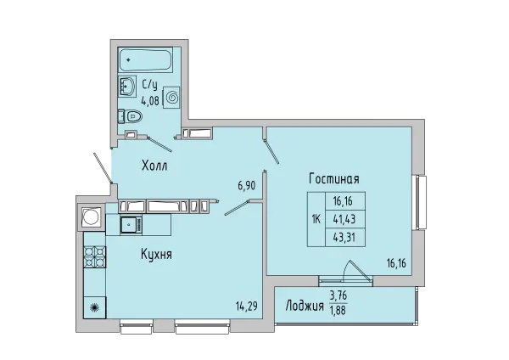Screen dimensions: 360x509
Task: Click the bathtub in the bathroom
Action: pyautogui.click(x=144, y=59)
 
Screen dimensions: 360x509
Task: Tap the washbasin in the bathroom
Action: pyautogui.click(x=129, y=87)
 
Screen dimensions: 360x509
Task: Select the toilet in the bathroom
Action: pyautogui.click(x=130, y=115)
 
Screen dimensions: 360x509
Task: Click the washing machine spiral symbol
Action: pyautogui.click(x=171, y=98)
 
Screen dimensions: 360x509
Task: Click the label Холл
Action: pyautogui.click(x=154, y=166)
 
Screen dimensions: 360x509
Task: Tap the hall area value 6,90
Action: pyautogui.click(x=245, y=185)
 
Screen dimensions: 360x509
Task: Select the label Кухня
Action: pyautogui.click(x=157, y=253)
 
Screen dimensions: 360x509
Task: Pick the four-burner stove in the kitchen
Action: pyautogui.click(x=93, y=255)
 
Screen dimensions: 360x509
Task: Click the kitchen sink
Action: pyautogui.click(x=130, y=225)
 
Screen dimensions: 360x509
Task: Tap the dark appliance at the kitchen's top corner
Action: pyautogui.click(x=90, y=217)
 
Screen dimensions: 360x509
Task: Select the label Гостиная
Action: pyautogui.click(x=334, y=179)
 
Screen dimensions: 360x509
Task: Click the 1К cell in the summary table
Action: pyautogui.click(x=316, y=219)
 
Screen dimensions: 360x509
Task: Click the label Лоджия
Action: pyautogui.click(x=304, y=306)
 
